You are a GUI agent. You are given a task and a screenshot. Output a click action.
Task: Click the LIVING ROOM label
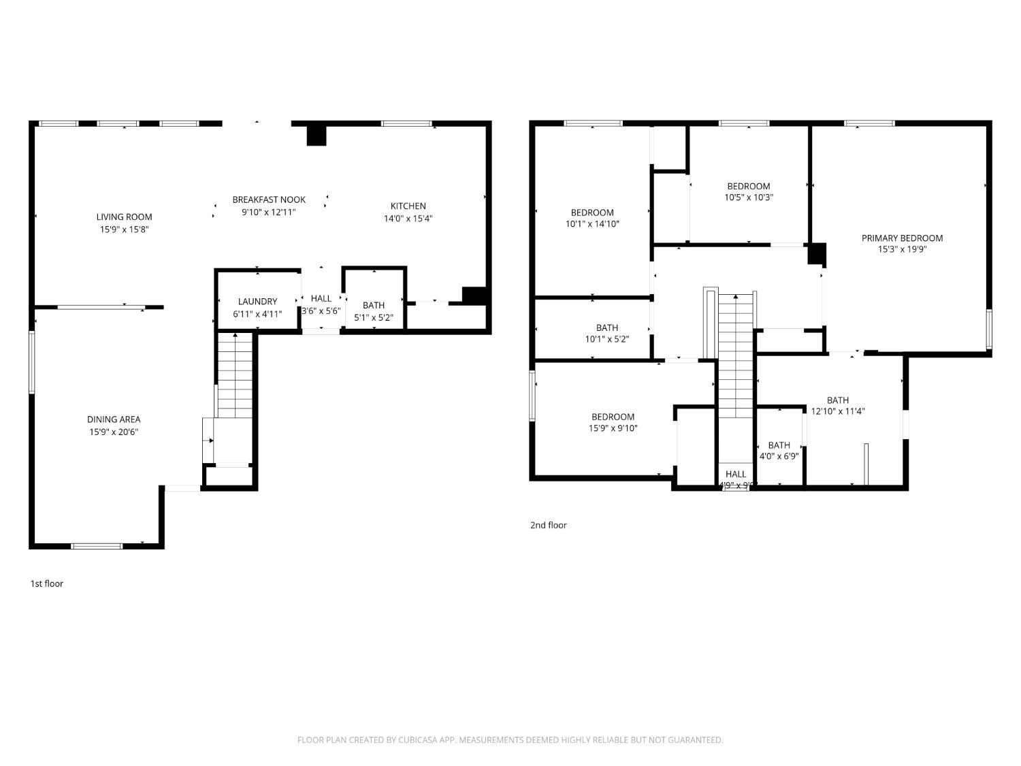tap(124, 217)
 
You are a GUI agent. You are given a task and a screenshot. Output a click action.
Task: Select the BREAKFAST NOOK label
tap(269, 200)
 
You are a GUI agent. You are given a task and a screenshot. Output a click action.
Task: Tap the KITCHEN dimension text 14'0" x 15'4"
tap(408, 219)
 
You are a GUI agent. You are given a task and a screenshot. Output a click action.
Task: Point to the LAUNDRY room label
tap(257, 302)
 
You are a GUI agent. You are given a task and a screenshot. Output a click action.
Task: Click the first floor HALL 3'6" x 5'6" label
tap(321, 304)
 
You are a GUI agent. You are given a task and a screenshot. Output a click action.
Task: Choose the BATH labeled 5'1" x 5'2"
tap(374, 311)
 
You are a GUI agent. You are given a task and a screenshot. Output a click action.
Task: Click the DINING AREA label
tap(114, 419)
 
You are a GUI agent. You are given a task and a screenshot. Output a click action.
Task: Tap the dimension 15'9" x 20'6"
tap(114, 432)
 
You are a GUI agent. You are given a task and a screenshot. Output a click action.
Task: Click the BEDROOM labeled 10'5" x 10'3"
tap(749, 191)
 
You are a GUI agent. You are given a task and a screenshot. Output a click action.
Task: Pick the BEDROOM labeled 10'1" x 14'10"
tap(592, 218)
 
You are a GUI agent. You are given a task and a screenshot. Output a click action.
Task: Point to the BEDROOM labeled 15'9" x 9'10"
tap(613, 422)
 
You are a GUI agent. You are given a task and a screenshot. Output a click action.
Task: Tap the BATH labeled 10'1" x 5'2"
tap(606, 333)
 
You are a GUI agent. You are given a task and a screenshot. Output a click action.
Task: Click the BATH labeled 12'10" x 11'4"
tap(838, 405)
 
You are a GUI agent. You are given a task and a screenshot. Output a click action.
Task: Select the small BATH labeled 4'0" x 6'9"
tap(779, 451)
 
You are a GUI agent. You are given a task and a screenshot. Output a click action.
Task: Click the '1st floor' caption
tap(47, 584)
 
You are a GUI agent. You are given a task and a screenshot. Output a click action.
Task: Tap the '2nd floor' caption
tap(549, 525)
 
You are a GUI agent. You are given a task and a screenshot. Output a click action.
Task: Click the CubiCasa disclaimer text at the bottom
tap(510, 740)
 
